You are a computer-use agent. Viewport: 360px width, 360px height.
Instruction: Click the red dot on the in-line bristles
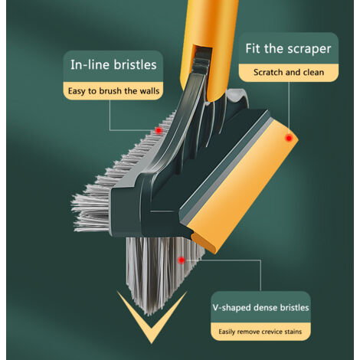tap(159, 130)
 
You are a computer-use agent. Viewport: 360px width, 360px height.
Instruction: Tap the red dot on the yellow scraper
tap(289, 138)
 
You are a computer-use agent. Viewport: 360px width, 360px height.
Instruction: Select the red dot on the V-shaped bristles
tap(182, 260)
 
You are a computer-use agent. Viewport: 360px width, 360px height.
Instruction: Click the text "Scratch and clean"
tap(289, 72)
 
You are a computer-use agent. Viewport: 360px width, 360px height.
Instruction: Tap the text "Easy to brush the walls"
tap(113, 91)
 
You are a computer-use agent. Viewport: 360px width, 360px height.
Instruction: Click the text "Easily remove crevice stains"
tap(260, 332)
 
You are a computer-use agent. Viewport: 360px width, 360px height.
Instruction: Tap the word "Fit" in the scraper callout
tap(254, 48)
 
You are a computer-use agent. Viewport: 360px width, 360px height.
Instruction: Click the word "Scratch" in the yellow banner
tap(267, 72)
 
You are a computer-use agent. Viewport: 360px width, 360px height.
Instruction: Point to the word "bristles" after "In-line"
tap(135, 64)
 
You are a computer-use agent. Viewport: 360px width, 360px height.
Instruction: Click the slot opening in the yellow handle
tap(201, 57)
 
